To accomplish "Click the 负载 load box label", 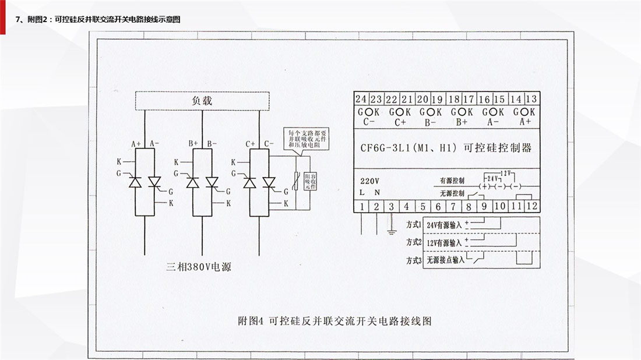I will (x=202, y=100).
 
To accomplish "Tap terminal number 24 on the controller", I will (x=361, y=99).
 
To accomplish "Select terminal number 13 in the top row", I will (x=531, y=99).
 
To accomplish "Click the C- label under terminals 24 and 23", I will (x=368, y=122).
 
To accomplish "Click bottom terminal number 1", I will (x=362, y=206).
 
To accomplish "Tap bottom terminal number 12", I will (x=531, y=206).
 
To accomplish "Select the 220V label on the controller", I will (x=369, y=180).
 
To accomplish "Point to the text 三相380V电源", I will (x=203, y=267).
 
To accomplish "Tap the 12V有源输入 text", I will (x=443, y=242).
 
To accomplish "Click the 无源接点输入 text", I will (x=445, y=260).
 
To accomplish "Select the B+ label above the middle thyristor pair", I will (x=193, y=143).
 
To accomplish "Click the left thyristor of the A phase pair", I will (x=136, y=182).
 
